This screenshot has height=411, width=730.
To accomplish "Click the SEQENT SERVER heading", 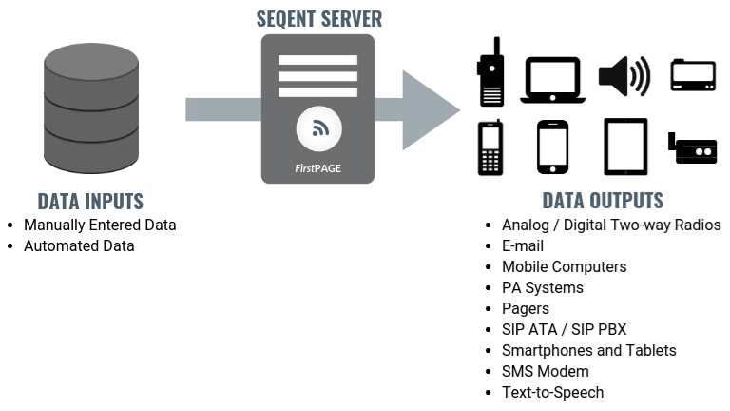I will (317, 19).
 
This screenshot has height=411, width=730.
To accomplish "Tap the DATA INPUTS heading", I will (90, 201).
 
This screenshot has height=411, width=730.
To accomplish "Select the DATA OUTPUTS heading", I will (603, 201).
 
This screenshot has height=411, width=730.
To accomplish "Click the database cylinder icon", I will (91, 109).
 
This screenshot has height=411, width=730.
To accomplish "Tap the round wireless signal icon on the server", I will (317, 129).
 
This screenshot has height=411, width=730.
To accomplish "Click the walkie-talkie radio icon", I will (490, 74).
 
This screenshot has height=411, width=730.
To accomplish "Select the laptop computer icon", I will (551, 80).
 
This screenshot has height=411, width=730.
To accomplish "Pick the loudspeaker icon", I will (624, 75).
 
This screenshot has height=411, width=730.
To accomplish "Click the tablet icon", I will (624, 147).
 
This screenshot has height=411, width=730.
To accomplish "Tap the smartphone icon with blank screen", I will (552, 147).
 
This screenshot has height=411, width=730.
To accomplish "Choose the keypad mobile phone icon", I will (490, 148).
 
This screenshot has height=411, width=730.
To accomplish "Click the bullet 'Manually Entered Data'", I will (100, 225).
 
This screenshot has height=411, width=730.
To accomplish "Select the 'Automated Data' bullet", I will (79, 245).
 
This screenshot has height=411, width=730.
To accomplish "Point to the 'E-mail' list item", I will (523, 246).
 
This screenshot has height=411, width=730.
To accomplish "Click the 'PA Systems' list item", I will (543, 287).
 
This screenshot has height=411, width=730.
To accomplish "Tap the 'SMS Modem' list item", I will (546, 371).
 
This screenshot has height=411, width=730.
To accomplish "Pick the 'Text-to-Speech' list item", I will (552, 392).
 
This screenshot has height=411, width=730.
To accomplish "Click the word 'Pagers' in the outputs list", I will (526, 308).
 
